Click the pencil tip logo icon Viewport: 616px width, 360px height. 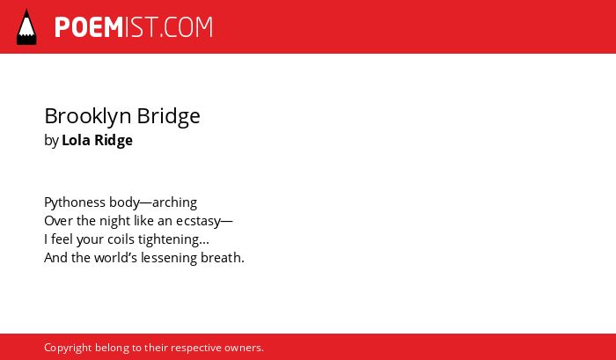point(26,26)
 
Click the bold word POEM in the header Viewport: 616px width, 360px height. point(89,27)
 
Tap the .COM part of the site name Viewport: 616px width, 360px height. point(187,27)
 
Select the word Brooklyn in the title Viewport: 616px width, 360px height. point(88,116)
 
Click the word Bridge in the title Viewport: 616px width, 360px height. point(169,116)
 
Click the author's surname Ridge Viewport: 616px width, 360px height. point(114,141)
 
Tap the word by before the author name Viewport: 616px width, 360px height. point(51,141)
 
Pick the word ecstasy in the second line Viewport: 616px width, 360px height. point(198,222)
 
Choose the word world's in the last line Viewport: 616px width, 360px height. point(116,258)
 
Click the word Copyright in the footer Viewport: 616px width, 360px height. point(68,349)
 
